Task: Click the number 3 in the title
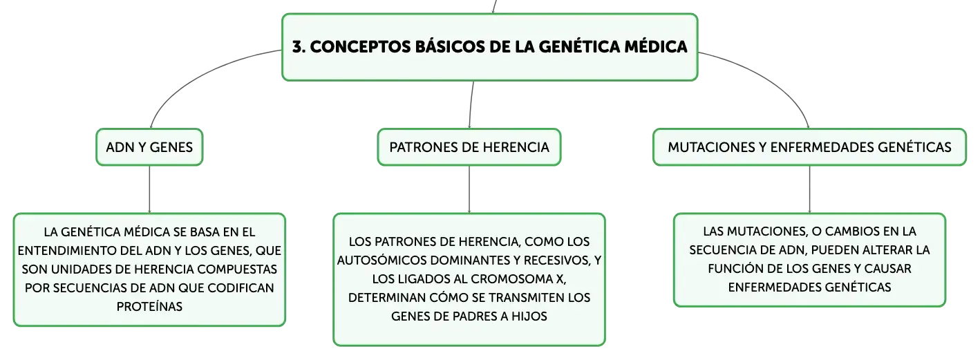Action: point(297,47)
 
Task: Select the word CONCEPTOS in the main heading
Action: point(359,47)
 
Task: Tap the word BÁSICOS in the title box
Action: point(450,46)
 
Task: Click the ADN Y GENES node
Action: point(149,147)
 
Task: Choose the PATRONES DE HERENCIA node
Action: point(469,147)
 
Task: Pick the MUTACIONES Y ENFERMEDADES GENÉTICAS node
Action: point(809,147)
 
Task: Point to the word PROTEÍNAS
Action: point(149,306)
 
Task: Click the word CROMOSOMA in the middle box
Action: point(506,279)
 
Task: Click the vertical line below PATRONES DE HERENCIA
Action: point(469,189)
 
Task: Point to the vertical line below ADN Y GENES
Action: point(149,189)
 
